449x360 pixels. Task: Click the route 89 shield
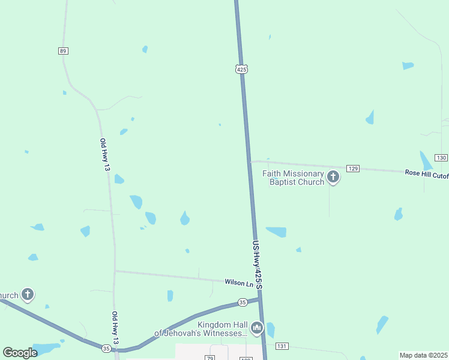click(x=63, y=51)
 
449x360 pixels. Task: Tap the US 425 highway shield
click(x=241, y=69)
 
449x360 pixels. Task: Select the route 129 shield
click(x=353, y=169)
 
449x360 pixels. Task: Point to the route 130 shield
click(x=442, y=157)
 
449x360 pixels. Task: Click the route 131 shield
click(x=282, y=346)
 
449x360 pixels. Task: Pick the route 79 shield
click(x=209, y=358)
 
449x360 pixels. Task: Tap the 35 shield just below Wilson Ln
click(x=242, y=302)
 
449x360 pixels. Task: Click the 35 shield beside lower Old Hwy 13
click(x=106, y=348)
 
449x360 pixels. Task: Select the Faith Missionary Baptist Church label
click(x=294, y=178)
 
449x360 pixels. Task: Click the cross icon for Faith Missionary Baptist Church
click(x=333, y=177)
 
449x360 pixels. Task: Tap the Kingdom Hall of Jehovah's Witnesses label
click(x=201, y=329)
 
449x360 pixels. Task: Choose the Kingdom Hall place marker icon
click(x=257, y=328)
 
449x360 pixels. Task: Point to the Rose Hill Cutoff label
click(x=426, y=174)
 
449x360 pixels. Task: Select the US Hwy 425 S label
click(x=258, y=264)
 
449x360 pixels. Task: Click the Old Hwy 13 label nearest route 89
click(x=105, y=155)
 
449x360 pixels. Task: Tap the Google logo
click(x=20, y=352)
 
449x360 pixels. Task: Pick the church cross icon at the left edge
click(x=28, y=295)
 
